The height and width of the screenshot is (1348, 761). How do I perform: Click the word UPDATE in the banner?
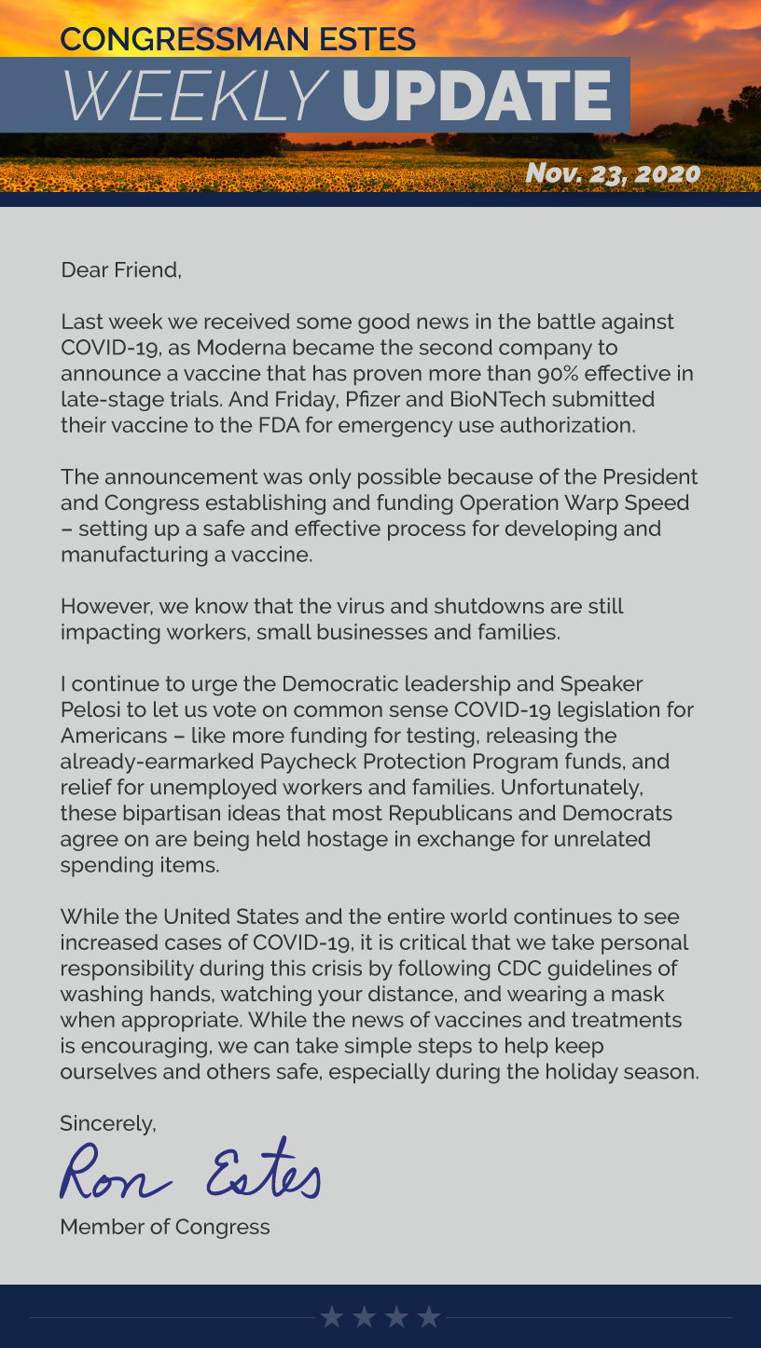[477, 96]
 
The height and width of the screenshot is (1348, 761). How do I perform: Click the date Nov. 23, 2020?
[612, 172]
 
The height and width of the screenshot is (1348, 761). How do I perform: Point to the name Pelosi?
[89, 709]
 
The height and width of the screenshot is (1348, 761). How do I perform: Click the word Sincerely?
[107, 1123]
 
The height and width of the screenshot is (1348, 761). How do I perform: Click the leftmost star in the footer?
[331, 1316]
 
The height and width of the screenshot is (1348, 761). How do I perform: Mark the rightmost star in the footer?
[429, 1316]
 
